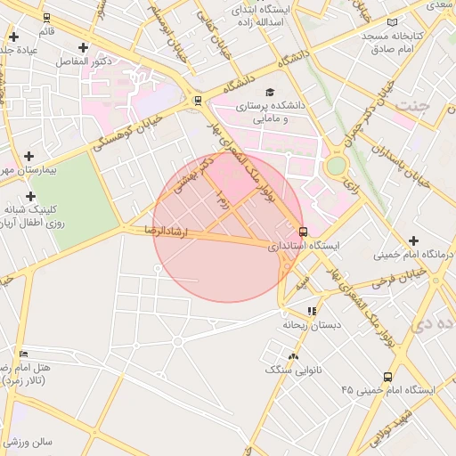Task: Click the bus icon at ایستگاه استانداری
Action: [304, 232]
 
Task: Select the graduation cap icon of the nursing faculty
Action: [270, 91]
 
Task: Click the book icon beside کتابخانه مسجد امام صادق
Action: [393, 21]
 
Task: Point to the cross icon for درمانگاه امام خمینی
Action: [413, 240]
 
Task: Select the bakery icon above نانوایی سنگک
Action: [293, 356]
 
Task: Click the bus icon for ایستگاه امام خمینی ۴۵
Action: [387, 377]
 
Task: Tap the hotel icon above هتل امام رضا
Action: [23, 354]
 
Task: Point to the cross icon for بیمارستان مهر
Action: [28, 156]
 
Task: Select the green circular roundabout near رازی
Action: [335, 166]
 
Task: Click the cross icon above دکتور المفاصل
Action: [83, 47]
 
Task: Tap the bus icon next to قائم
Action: [46, 17]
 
